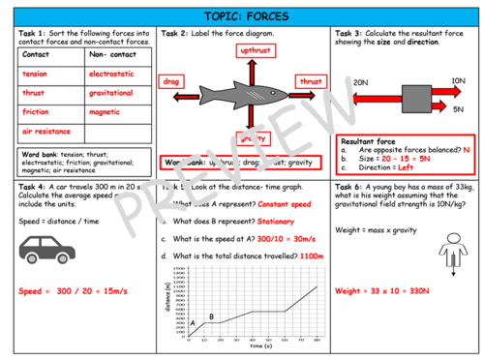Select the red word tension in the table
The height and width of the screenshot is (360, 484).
coord(35,74)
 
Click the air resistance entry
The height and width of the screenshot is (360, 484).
coord(45,130)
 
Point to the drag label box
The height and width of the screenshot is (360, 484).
coord(171,83)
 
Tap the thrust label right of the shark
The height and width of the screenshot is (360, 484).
coord(310,83)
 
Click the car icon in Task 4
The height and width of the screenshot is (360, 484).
coord(45,248)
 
